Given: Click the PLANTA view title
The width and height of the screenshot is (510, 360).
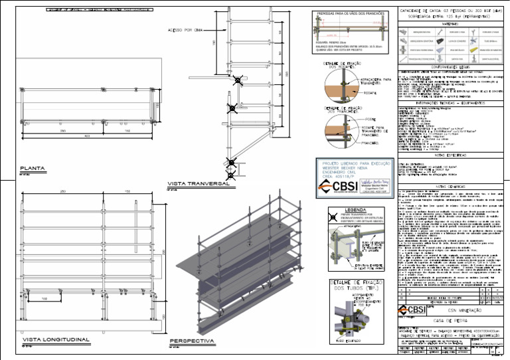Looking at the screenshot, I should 32,168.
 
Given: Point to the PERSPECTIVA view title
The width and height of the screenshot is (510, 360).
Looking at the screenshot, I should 193,341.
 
